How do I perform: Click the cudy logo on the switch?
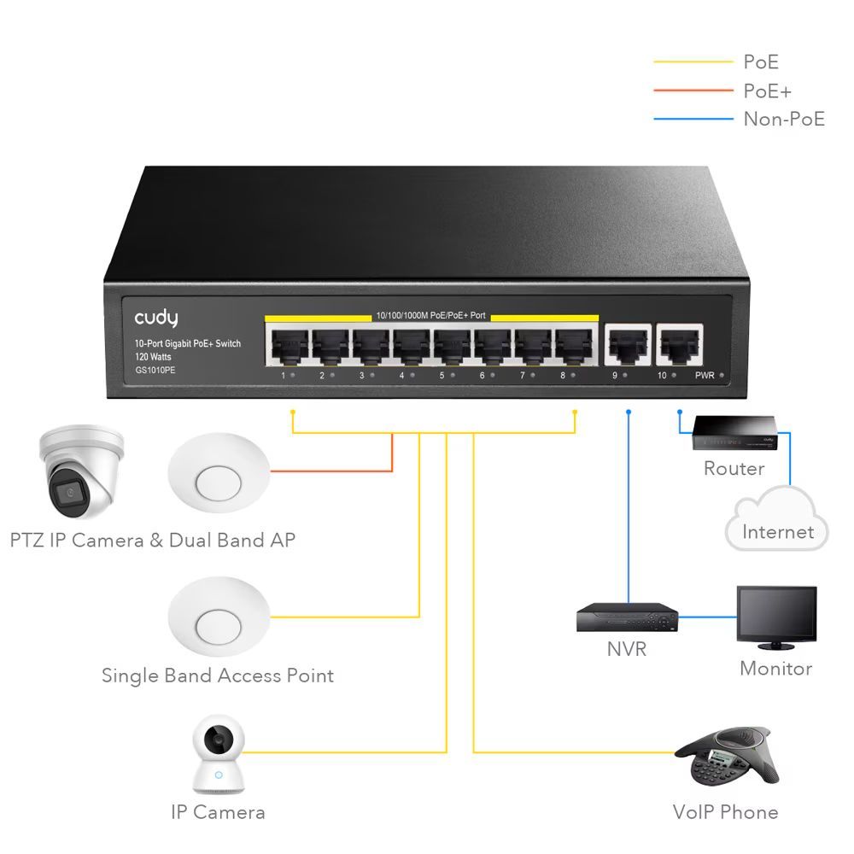click(156, 318)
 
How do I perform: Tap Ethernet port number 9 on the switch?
click(625, 346)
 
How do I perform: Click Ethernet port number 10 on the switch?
click(679, 346)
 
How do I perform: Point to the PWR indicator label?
click(705, 376)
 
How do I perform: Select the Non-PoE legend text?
click(784, 119)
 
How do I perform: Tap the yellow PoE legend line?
click(693, 61)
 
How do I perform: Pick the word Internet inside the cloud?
click(777, 532)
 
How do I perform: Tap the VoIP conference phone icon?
click(727, 757)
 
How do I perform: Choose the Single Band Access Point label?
click(218, 676)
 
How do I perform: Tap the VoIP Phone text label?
click(725, 811)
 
